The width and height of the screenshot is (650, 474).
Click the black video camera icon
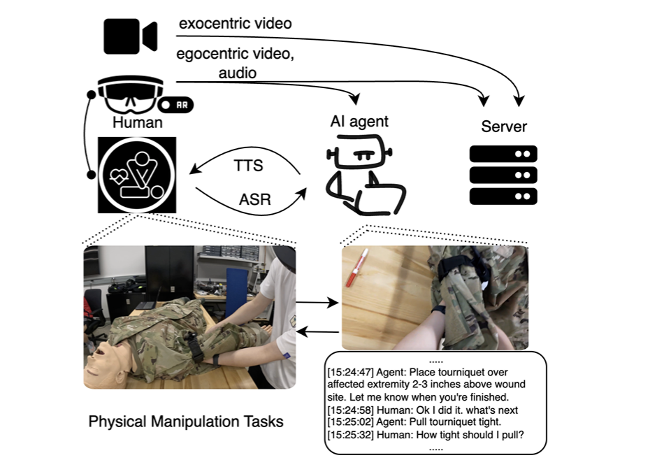click(130, 36)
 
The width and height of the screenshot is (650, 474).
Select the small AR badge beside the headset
click(175, 104)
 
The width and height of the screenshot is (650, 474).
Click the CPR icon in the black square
click(138, 175)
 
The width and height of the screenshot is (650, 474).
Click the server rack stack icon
click(503, 175)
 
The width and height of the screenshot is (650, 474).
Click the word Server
click(504, 127)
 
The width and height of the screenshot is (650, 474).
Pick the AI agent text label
click(359, 122)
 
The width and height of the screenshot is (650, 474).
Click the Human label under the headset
click(137, 124)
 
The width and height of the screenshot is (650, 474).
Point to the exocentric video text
click(235, 23)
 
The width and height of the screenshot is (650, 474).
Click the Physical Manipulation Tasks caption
click(186, 422)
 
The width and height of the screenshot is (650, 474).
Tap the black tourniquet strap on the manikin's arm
click(196, 347)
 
